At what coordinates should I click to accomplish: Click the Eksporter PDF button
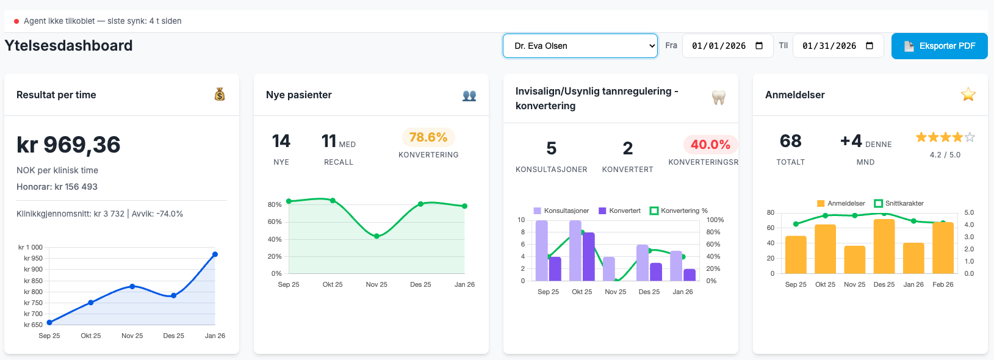click(939, 46)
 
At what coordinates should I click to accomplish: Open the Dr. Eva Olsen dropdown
click(580, 46)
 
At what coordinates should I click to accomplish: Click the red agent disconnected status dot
click(16, 21)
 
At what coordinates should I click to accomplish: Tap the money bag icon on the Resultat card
click(220, 95)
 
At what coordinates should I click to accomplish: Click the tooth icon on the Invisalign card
click(719, 98)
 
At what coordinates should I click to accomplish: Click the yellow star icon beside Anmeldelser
click(968, 95)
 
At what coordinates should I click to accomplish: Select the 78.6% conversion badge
click(428, 137)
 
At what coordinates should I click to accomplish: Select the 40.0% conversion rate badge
click(710, 145)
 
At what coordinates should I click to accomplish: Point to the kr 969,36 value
click(68, 145)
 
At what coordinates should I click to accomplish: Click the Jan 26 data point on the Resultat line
click(215, 254)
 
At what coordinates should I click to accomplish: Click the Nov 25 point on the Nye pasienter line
click(376, 236)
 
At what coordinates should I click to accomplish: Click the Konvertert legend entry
click(620, 211)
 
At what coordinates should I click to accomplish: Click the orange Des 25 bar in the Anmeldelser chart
click(884, 247)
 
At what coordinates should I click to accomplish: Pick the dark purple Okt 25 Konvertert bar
click(589, 256)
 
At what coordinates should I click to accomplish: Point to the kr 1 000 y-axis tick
click(31, 247)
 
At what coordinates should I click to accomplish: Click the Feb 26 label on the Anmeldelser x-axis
click(943, 284)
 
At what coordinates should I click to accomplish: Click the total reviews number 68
click(790, 142)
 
